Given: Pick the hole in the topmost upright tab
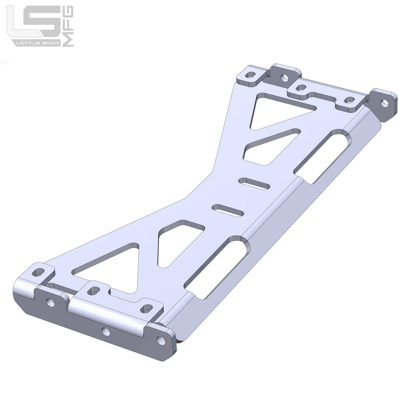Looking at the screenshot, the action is pyautogui.click(x=285, y=78).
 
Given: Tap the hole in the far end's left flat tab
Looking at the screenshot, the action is pyautogui.click(x=251, y=75).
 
